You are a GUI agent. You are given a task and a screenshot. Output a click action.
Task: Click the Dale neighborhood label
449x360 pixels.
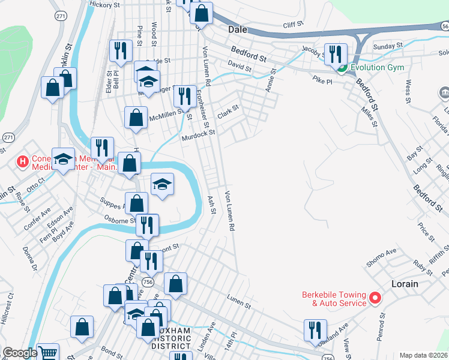click(238, 28)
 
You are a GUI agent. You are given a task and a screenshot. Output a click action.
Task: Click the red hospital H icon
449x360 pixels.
click(22, 161)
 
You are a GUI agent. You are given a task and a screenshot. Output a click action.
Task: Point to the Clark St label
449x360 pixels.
click(228, 112)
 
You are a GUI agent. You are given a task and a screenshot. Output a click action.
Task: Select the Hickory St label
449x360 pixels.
click(104, 4)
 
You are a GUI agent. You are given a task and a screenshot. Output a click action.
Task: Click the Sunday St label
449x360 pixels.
click(387, 46)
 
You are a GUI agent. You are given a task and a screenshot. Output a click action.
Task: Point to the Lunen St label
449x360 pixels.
click(238, 298)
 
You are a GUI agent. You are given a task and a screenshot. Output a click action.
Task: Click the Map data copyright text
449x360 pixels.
click(423, 355)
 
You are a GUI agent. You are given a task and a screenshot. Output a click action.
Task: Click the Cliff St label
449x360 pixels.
click(294, 25)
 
